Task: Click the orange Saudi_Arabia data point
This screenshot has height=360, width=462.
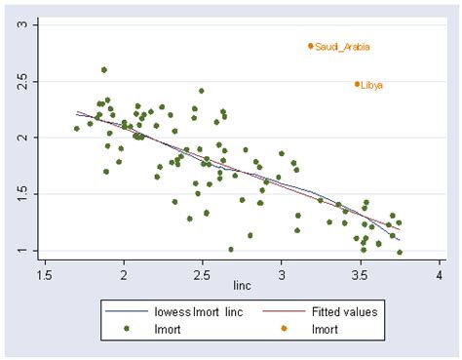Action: click(311, 46)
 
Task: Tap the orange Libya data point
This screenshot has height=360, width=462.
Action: click(357, 84)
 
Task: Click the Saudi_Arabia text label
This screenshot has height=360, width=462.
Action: click(342, 47)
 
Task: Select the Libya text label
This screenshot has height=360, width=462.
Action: click(372, 85)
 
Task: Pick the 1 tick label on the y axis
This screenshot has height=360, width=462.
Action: click(23, 251)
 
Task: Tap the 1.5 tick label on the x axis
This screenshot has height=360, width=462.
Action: click(45, 275)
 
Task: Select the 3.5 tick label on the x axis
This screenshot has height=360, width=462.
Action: click(361, 275)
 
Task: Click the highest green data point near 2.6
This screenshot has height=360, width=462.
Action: click(104, 69)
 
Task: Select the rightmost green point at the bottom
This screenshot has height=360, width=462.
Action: click(400, 252)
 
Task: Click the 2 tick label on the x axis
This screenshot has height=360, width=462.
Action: click(124, 275)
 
